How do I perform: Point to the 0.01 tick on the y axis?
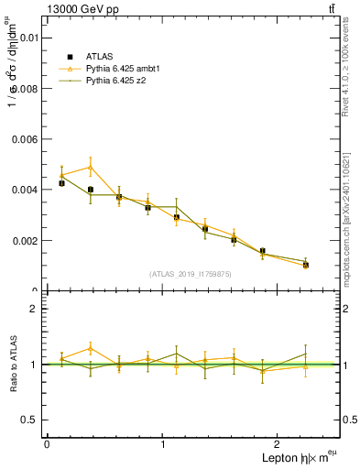click(27, 38)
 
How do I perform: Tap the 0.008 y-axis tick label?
click(25, 89)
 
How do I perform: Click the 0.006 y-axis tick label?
click(25, 139)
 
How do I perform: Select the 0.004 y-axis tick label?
click(25, 190)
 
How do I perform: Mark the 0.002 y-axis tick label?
click(25, 241)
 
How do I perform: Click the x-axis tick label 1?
click(163, 443)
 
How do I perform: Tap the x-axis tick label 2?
click(279, 443)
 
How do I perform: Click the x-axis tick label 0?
click(47, 443)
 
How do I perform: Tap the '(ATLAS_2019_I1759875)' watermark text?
click(191, 273)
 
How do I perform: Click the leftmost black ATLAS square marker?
click(61, 183)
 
